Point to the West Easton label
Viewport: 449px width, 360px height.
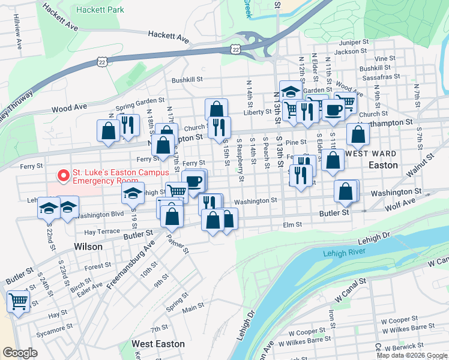tap(157, 344)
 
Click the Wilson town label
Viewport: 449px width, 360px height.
tap(88, 246)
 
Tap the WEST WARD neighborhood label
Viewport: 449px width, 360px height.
tap(371, 154)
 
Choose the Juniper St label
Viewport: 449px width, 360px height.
tap(354, 43)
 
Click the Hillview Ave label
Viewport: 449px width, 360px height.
tap(19, 36)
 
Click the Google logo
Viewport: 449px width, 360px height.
tap(20, 353)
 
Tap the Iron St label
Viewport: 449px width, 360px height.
tap(331, 315)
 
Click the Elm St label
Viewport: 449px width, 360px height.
tap(292, 225)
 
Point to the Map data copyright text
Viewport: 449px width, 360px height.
tap(411, 355)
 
